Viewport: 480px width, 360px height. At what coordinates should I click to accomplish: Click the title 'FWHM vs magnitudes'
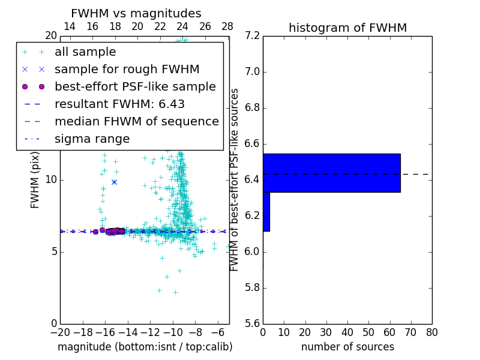[x=136, y=13]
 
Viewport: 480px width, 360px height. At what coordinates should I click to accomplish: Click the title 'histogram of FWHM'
[x=347, y=28]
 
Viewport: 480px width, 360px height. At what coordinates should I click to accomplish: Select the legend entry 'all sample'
[x=85, y=52]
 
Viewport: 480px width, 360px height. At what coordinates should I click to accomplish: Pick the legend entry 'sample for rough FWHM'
[x=127, y=69]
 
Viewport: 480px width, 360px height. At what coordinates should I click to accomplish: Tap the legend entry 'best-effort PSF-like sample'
[x=135, y=86]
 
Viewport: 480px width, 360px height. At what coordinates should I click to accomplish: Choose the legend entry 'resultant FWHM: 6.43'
[x=119, y=104]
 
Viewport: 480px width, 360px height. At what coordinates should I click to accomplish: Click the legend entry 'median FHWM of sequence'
[x=136, y=121]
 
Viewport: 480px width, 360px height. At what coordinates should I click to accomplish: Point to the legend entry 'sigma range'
[x=92, y=139]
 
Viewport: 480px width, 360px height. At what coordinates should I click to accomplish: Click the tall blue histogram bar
[x=331, y=173]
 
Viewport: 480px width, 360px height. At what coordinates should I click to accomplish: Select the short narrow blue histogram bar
[x=266, y=211]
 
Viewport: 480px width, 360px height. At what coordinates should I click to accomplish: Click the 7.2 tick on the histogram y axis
[x=252, y=36]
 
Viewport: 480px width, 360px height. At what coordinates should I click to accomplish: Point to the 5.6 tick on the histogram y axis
[x=252, y=323]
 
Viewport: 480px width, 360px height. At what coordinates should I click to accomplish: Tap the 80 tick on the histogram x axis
[x=431, y=332]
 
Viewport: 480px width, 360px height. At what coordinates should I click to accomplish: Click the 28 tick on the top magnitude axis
[x=227, y=26]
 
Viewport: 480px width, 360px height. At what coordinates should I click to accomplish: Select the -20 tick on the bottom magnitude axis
[x=60, y=332]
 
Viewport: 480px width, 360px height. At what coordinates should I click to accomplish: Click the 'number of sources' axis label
[x=347, y=347]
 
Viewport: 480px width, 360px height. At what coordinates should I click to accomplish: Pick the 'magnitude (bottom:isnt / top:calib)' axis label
[x=145, y=347]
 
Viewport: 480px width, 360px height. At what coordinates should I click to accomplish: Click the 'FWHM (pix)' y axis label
[x=35, y=180]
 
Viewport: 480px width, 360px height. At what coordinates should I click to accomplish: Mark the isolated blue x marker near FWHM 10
[x=114, y=182]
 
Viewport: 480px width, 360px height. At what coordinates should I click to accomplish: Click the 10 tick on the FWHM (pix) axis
[x=51, y=179]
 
